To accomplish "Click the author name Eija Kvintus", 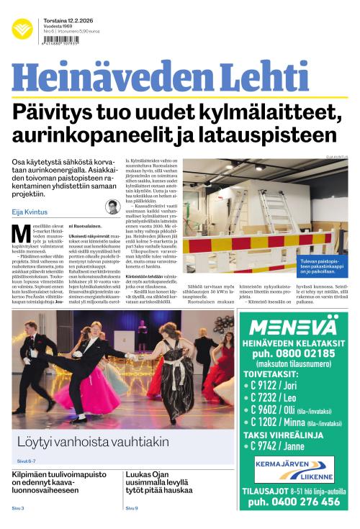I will tap(29, 212).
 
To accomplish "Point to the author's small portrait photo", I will tap(112, 207).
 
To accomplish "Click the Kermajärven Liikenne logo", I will tap(294, 470).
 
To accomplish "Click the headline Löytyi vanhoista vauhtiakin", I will tap(93, 440).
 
